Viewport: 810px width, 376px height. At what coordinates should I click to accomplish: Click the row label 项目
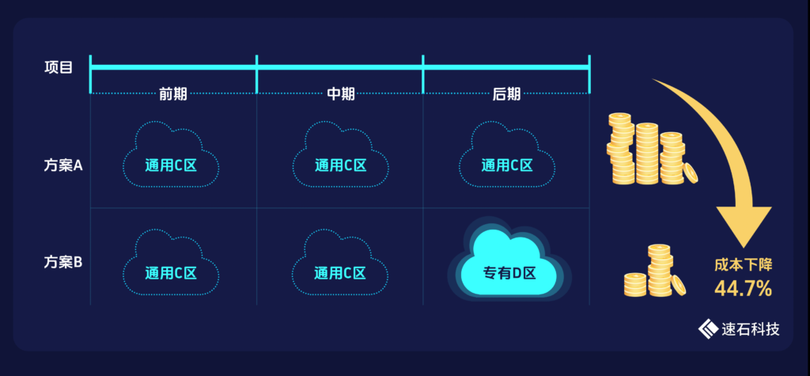(x=59, y=67)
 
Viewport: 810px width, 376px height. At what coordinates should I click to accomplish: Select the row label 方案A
(x=63, y=165)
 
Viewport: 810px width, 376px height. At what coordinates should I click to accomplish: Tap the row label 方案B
(x=63, y=262)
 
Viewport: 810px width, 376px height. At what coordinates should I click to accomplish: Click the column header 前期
(x=173, y=93)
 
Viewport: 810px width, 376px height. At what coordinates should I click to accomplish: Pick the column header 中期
(x=341, y=93)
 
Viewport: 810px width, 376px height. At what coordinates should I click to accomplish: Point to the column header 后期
(x=506, y=93)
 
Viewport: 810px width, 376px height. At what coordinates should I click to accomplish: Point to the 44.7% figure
(x=743, y=289)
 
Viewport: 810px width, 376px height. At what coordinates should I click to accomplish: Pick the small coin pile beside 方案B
(x=653, y=273)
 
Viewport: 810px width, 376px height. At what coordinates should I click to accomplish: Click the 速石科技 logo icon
(x=706, y=329)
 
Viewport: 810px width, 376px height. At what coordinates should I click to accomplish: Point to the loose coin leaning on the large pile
(x=690, y=173)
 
